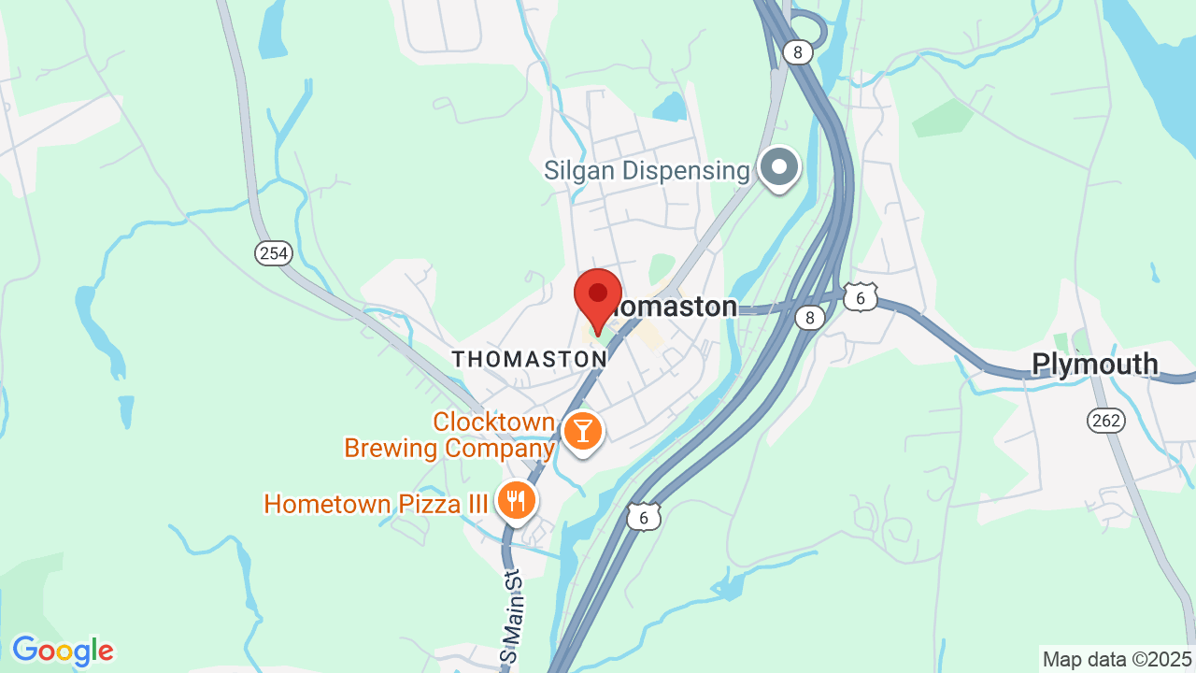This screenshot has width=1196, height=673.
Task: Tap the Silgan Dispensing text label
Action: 647,171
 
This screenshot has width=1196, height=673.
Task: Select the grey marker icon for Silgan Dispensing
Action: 778,168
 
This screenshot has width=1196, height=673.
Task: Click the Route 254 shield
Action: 274,252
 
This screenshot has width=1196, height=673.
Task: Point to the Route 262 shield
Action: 1105,421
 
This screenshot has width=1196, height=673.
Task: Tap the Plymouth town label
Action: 1095,365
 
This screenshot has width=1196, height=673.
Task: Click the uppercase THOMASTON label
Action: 529,359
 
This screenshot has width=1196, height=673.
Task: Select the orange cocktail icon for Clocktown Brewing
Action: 583,432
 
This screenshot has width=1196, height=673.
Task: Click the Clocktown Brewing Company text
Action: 450,436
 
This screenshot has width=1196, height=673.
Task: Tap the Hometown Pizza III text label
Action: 376,504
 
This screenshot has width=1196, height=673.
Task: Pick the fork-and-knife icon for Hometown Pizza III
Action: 515,500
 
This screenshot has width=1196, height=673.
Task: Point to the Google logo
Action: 63,651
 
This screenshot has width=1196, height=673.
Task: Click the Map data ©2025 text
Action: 1118,659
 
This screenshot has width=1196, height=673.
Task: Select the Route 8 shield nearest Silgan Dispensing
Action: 797,52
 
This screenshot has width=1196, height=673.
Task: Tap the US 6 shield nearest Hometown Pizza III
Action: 644,515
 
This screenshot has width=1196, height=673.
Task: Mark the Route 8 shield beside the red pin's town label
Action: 810,318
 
